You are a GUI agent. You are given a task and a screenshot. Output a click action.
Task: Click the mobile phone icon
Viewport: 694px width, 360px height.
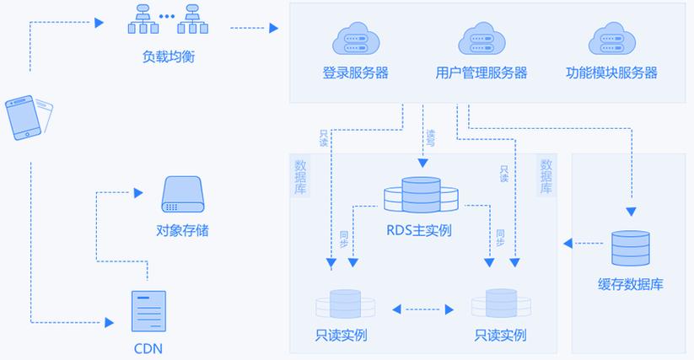28,117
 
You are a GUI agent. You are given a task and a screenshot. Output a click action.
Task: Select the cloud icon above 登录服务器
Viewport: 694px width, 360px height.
355,40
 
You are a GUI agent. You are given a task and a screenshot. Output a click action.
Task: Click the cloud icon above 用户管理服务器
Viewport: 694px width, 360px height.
481,40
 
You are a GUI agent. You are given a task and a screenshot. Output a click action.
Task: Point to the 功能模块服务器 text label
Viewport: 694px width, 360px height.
611,73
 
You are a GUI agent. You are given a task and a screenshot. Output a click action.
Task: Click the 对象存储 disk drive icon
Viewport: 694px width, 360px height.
183,195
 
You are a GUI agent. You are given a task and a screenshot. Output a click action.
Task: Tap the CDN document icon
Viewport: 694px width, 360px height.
148,311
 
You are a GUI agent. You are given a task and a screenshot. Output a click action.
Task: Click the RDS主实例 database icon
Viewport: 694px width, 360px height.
421,195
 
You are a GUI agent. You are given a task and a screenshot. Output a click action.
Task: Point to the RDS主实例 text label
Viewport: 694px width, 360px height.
419,229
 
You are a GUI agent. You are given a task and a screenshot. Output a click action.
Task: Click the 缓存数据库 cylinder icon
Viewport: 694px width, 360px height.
631,248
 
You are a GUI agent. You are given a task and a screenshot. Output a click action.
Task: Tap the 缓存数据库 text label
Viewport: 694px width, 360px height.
630,284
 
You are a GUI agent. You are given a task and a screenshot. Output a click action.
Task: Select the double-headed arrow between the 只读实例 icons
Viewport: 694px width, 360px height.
422,309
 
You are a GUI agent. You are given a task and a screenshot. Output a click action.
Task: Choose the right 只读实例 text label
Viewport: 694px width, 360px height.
500,336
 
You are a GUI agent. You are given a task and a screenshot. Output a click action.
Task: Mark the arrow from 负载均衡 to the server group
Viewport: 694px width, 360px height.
253,29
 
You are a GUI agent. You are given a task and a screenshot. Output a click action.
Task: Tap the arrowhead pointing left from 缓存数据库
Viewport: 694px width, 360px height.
568,244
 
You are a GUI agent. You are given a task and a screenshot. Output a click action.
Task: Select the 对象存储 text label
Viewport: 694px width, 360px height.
182,230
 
